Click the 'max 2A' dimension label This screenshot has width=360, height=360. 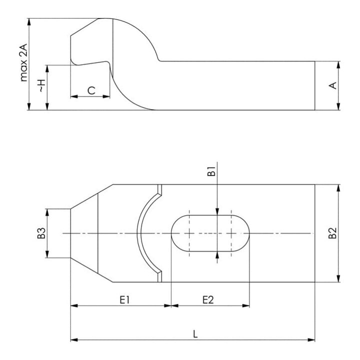click(x=23, y=62)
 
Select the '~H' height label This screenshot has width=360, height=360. click(x=42, y=86)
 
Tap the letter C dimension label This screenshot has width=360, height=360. click(x=91, y=90)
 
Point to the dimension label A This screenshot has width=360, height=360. click(x=332, y=85)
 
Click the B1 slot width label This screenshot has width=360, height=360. click(x=211, y=171)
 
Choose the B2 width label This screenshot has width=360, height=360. click(x=332, y=233)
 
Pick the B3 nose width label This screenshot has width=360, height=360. click(x=41, y=233)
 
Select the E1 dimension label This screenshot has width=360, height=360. click(x=124, y=300)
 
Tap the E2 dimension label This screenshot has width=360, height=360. click(x=208, y=300)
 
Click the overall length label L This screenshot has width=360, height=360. click(x=195, y=334)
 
